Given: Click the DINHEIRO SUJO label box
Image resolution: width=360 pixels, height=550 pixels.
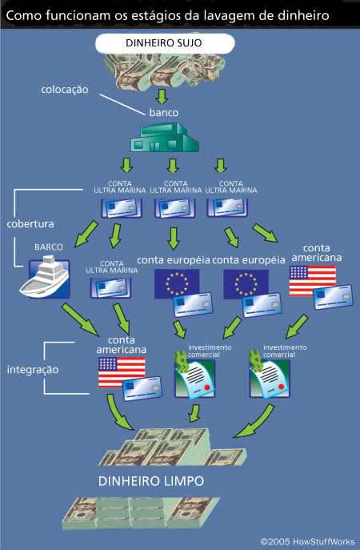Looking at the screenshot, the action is click(165, 43).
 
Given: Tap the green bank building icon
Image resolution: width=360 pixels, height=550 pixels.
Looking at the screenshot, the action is click(165, 137).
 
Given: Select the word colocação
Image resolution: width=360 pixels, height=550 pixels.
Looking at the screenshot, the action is click(65, 90).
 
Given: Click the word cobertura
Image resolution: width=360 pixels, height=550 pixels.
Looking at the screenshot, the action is click(30, 224).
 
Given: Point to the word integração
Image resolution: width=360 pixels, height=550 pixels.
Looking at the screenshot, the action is click(33, 370).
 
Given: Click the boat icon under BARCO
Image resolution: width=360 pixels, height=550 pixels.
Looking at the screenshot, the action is click(45, 277).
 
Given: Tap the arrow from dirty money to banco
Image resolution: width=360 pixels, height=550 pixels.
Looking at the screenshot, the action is click(162, 96).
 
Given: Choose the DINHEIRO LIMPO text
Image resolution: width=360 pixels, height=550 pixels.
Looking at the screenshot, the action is click(151, 481).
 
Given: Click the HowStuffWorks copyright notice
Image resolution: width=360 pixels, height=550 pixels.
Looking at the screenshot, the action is click(307, 541).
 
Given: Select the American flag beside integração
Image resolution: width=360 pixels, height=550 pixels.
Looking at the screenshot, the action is click(122, 372).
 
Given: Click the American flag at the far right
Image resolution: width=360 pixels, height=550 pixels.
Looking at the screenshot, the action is click(312, 280).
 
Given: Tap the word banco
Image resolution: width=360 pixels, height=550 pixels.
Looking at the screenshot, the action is click(164, 113).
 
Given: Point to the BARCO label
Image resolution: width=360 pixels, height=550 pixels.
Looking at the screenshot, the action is click(49, 247).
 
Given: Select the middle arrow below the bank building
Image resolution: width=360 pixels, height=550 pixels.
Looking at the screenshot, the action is click(173, 166).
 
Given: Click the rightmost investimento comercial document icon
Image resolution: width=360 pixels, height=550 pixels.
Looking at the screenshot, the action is click(270, 375).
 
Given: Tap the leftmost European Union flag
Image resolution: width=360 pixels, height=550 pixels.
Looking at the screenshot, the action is click(177, 283).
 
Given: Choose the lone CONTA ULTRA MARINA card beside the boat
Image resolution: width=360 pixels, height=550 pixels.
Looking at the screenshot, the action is click(110, 288).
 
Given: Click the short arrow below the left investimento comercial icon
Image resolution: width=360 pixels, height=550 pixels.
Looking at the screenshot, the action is click(194, 413).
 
